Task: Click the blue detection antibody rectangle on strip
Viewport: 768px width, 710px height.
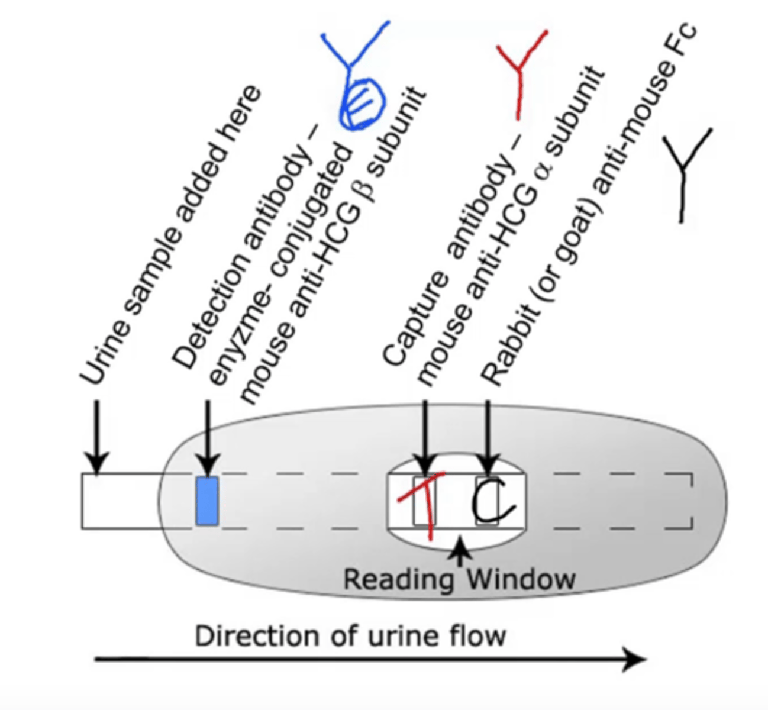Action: click(206, 501)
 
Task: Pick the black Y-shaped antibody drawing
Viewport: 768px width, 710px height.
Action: click(685, 172)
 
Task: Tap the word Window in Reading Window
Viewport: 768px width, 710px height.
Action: click(521, 579)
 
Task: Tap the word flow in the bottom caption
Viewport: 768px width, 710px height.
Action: click(482, 637)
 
